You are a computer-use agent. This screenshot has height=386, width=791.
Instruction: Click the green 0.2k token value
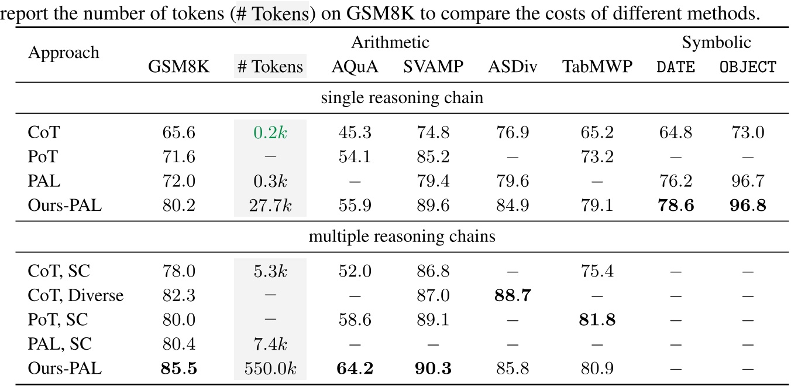pyautogui.click(x=270, y=133)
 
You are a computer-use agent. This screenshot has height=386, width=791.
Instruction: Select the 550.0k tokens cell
pyautogui.click(x=270, y=369)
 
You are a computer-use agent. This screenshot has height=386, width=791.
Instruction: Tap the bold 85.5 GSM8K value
pyautogui.click(x=178, y=369)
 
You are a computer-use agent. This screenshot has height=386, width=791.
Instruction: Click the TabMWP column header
pyautogui.click(x=597, y=67)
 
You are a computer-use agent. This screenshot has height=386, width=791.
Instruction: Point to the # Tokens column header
pyautogui.click(x=270, y=67)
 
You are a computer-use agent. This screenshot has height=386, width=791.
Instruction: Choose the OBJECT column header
pyautogui.click(x=748, y=67)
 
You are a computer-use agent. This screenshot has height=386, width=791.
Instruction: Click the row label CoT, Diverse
pyautogui.click(x=75, y=295)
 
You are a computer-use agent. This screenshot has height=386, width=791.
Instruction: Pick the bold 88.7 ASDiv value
pyautogui.click(x=508, y=295)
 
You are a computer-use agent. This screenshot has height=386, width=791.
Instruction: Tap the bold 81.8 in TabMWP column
pyautogui.click(x=597, y=320)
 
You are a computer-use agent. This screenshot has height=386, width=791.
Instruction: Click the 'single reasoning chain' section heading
pyautogui.click(x=402, y=98)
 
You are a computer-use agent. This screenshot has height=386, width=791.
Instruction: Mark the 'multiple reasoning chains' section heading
pyautogui.click(x=402, y=237)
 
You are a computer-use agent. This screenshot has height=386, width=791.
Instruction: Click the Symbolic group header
pyautogui.click(x=716, y=43)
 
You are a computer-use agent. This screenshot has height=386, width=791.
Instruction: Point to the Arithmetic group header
pyautogui.click(x=390, y=43)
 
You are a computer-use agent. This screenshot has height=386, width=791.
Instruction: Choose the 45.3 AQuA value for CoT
pyautogui.click(x=355, y=133)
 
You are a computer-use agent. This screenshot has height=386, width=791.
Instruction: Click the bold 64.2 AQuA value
pyautogui.click(x=355, y=369)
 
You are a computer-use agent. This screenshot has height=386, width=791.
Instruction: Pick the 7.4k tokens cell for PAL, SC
pyautogui.click(x=270, y=344)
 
